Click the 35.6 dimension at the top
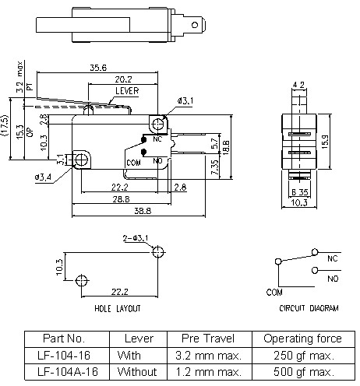click(x=98, y=68)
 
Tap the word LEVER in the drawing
click(x=126, y=91)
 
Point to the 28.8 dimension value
click(x=118, y=200)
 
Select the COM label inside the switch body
click(x=133, y=162)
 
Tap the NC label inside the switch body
click(x=157, y=139)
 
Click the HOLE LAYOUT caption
click(x=118, y=309)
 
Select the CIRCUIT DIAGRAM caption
click(x=309, y=309)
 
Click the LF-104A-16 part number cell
click(x=65, y=371)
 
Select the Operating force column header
click(x=302, y=339)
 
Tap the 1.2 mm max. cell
click(x=210, y=371)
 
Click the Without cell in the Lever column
click(x=137, y=371)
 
